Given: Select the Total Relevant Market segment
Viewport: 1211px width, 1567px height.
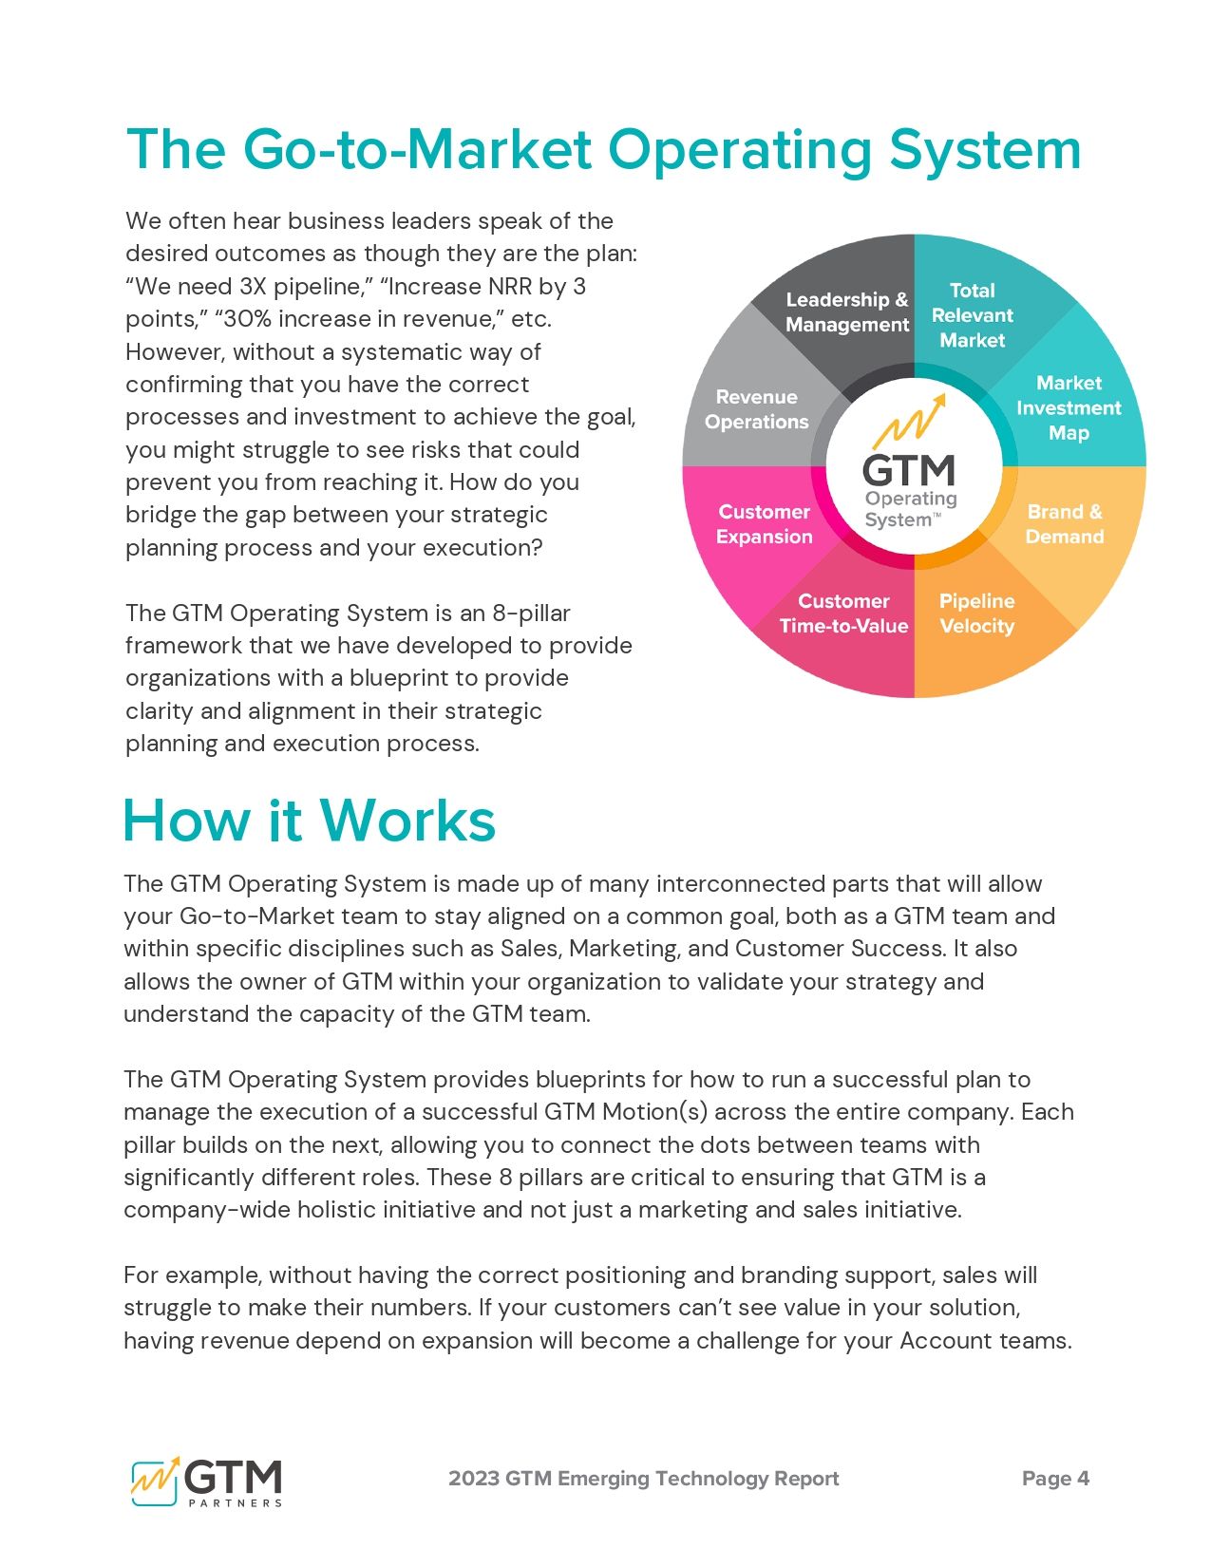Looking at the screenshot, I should point(972,314).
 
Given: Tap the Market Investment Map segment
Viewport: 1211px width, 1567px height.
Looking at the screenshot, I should point(1068,407).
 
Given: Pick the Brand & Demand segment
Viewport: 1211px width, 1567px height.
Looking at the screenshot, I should point(1064,524).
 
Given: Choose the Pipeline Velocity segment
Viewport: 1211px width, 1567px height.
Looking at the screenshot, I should point(976,614).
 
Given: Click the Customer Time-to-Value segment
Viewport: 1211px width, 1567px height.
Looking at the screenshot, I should point(843,614).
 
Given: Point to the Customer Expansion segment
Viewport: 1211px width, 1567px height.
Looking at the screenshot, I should point(764,524).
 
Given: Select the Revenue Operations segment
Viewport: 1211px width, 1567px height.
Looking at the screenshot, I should point(756,409).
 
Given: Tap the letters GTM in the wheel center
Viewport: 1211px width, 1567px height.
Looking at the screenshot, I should point(908,469).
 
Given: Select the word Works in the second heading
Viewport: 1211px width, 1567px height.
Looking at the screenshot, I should point(407,821).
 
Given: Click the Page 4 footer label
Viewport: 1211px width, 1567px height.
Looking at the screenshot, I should point(1055,1479).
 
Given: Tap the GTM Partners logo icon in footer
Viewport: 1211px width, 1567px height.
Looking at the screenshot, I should point(155,1480).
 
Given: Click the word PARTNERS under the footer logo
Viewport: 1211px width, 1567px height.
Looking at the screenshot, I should point(235,1503).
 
